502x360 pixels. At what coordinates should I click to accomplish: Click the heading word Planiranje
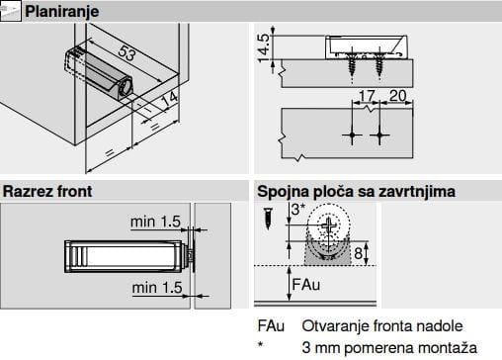62,12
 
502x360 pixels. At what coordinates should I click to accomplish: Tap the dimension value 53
127,52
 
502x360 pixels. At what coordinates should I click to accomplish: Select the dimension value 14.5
264,48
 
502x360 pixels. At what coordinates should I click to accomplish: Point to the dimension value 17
367,96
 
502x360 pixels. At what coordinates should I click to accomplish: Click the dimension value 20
397,96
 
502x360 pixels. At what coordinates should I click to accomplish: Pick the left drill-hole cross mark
352,135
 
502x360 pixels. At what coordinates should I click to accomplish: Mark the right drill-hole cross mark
379,135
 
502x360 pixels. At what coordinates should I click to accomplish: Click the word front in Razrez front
75,191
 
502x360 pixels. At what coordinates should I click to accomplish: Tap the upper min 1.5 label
155,222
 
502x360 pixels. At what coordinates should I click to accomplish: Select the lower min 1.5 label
157,288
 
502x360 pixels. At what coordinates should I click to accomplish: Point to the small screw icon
269,219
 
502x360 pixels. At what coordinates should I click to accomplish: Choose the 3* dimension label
298,210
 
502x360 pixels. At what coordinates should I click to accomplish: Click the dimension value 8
359,253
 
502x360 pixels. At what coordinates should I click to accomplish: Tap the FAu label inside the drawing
306,285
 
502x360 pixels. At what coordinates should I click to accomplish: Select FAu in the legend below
271,326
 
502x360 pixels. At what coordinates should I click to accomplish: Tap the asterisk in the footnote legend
261,345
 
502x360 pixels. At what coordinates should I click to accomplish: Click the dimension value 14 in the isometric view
170,99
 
